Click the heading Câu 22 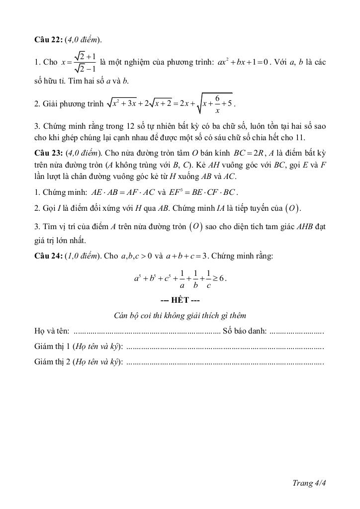coord(48,39)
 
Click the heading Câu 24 coord(48,256)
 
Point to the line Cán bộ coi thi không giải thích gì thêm coord(180,316)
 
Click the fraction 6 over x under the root coord(217,103)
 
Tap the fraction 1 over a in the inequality coord(182,279)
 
